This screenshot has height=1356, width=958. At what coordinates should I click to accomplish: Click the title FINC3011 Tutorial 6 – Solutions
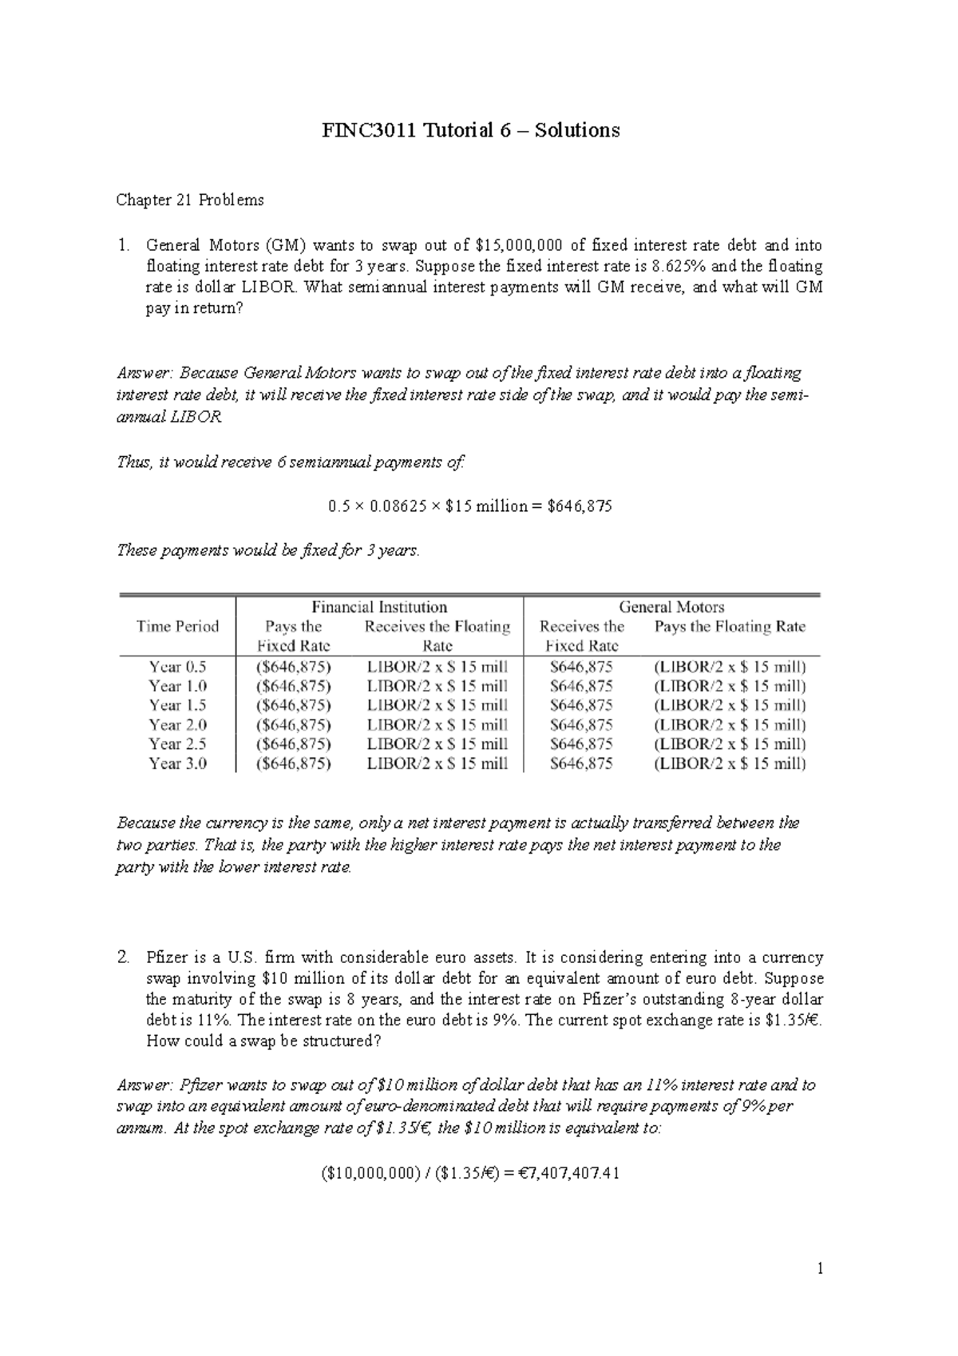click(470, 130)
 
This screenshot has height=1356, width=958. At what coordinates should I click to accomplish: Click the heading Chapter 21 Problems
click(190, 200)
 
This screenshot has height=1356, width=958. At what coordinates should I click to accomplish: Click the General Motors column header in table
click(671, 607)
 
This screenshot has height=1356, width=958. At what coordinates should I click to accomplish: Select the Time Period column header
click(177, 626)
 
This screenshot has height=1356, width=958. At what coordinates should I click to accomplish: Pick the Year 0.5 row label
click(177, 667)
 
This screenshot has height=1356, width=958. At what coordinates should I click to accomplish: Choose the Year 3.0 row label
click(177, 763)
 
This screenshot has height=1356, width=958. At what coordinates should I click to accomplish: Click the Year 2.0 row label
click(177, 725)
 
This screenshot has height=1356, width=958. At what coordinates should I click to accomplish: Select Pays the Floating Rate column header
click(730, 627)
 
